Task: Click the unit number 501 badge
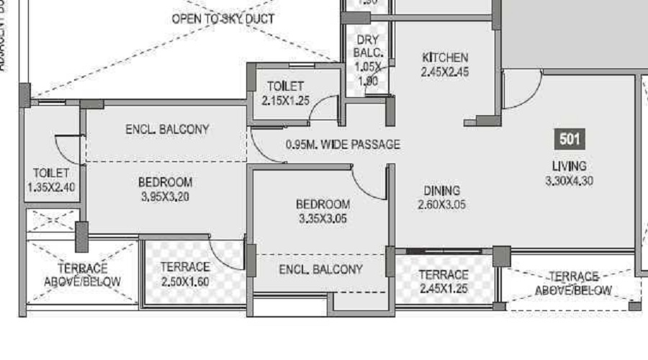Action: [x=569, y=139]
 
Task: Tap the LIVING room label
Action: [x=569, y=166]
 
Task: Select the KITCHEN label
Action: [x=445, y=58]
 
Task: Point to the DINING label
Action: [x=441, y=191]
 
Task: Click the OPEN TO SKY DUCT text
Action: [x=222, y=19]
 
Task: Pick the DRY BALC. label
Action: [x=366, y=47]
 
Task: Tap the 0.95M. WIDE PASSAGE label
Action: [x=343, y=145]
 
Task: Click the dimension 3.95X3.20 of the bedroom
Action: [x=165, y=197]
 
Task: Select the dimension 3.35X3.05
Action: [x=323, y=219]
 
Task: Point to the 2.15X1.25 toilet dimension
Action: [x=285, y=101]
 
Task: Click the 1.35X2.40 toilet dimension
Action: [x=50, y=187]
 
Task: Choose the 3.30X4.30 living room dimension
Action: [x=569, y=181]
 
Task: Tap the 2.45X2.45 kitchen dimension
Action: [x=445, y=72]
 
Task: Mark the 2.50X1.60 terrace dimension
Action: [x=185, y=282]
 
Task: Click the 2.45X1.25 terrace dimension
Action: [x=444, y=289]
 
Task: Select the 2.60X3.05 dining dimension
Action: [x=441, y=205]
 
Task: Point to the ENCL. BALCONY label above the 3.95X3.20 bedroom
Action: [x=167, y=130]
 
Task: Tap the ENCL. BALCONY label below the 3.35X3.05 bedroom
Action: [x=320, y=269]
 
